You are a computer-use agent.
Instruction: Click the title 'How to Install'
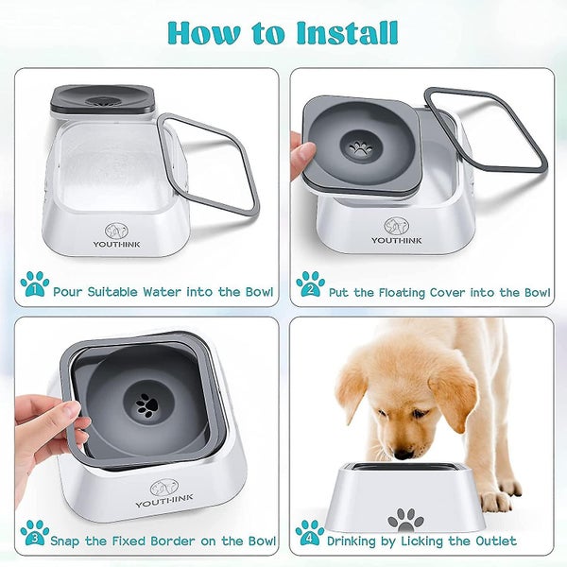click(x=283, y=32)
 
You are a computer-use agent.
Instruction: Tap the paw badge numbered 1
click(x=35, y=283)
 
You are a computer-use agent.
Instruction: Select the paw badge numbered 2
click(x=310, y=283)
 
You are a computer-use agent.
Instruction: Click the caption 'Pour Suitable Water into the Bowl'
click(x=163, y=292)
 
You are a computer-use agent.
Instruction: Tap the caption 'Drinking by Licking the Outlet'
click(x=421, y=541)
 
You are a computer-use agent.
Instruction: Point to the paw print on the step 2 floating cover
click(x=360, y=148)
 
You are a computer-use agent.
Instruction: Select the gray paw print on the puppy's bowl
click(x=406, y=518)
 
